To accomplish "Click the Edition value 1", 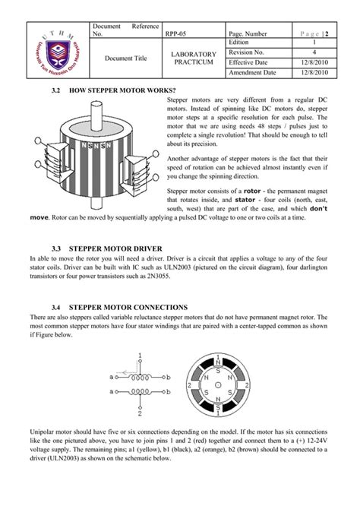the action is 313,42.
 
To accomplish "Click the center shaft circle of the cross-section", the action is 219,385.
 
